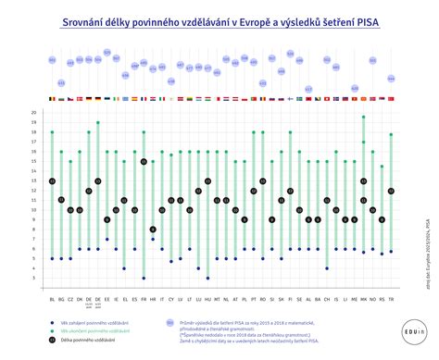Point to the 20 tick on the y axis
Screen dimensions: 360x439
[x=33, y=113]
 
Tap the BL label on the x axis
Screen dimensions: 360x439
[x=52, y=299]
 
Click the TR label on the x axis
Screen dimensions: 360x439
[x=391, y=299]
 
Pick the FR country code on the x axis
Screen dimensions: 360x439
[x=144, y=299]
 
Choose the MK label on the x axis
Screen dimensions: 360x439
[x=363, y=299]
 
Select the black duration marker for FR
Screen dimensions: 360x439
[x=144, y=161]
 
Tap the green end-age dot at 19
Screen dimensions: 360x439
[x=98, y=122]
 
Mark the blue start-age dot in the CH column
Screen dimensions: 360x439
[x=327, y=268]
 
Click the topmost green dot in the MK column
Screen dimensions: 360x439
[x=363, y=118]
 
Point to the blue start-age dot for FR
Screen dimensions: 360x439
[x=144, y=278]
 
